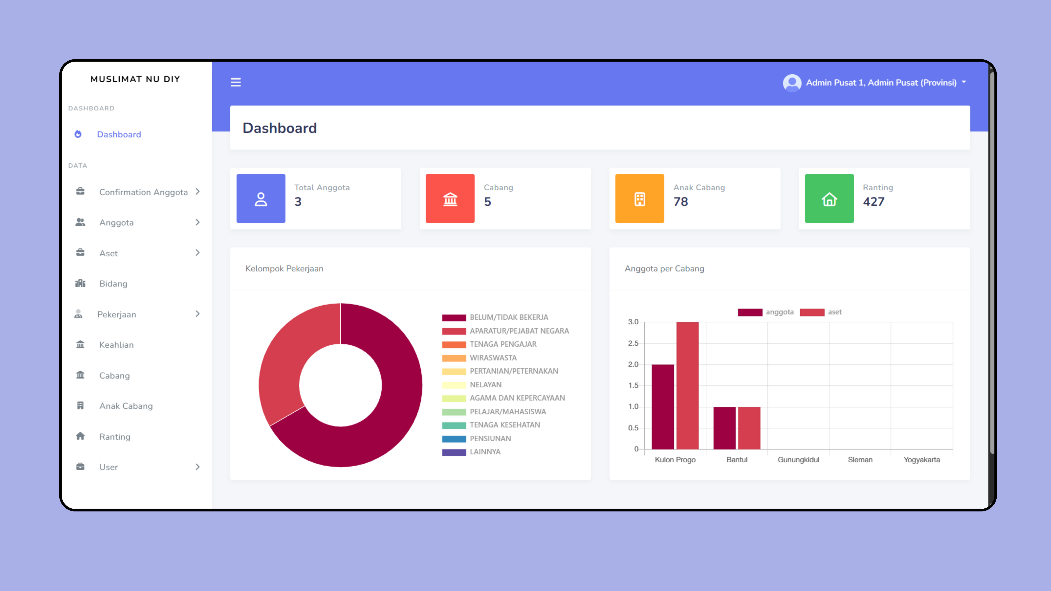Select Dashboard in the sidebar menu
119,135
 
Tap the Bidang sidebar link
113,284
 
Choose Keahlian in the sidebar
116,345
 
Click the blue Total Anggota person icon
261,199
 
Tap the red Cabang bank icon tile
450,199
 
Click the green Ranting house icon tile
829,199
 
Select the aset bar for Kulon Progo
688,385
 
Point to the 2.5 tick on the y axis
633,343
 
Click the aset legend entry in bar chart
834,312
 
